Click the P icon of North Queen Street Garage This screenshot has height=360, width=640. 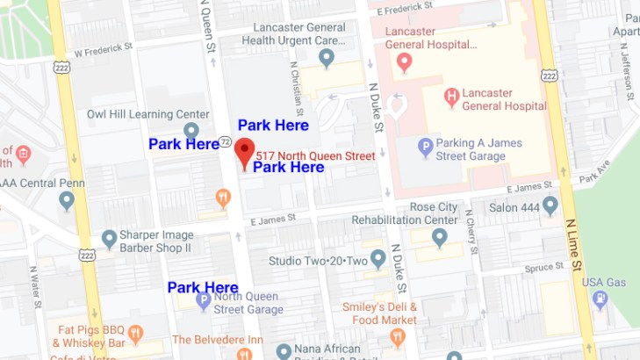click(204, 301)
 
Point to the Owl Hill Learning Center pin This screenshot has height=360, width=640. click(191, 131)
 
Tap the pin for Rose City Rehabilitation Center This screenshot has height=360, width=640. click(439, 236)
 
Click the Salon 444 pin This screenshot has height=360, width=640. click(550, 206)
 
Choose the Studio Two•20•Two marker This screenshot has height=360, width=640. click(378, 259)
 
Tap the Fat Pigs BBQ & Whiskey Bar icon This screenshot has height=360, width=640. click(134, 333)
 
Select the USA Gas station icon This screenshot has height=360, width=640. click(600, 300)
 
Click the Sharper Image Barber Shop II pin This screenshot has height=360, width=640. click(109, 238)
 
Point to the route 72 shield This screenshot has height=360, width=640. click(226, 141)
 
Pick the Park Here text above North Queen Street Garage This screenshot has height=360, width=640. click(203, 287)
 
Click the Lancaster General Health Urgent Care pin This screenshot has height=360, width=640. click(327, 59)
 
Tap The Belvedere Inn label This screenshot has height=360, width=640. click(218, 339)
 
